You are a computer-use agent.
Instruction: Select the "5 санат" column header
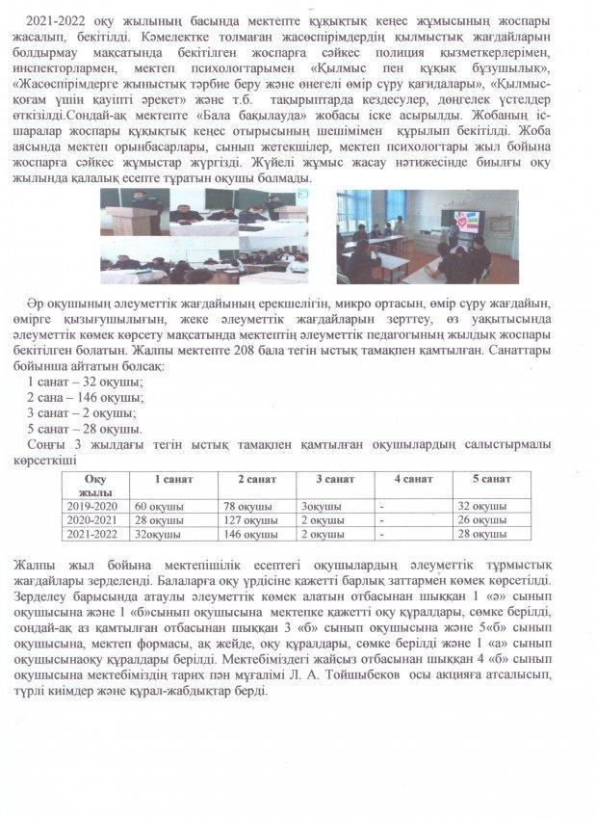[x=491, y=479]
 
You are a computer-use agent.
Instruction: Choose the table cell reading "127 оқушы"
[x=246, y=519]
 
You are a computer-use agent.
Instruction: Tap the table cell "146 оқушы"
[x=246, y=534]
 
